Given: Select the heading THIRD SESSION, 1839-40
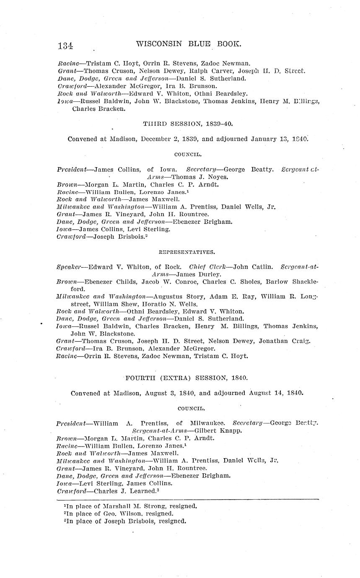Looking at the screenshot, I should coord(187,124).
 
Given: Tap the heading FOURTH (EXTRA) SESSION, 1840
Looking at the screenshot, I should coord(187,378).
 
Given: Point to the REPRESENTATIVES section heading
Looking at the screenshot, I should coord(187,252).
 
